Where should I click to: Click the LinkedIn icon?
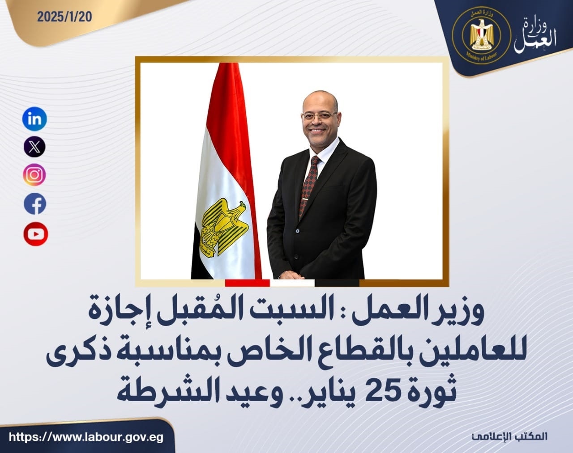[x=34, y=119]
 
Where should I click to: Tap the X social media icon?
[x=34, y=146]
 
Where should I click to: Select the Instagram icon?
[x=34, y=175]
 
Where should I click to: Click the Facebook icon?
[x=35, y=204]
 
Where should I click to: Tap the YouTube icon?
[x=35, y=234]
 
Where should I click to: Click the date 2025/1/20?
[x=65, y=17]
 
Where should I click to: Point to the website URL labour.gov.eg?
[x=86, y=437]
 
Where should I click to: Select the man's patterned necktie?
[x=309, y=186]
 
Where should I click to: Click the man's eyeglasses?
[x=319, y=116]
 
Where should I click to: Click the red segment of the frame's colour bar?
[x=248, y=283]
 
